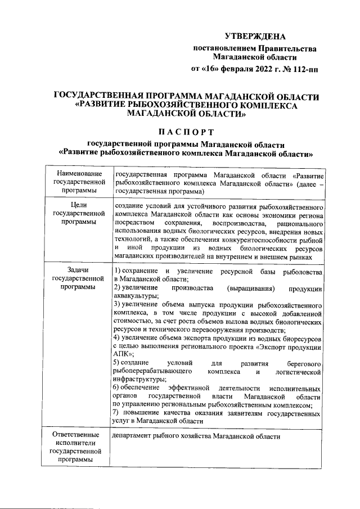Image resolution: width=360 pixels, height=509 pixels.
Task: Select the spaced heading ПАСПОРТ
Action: pos(186,132)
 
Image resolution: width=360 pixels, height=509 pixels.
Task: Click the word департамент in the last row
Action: pos(135,436)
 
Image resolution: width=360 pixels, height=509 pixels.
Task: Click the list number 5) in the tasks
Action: pos(117,363)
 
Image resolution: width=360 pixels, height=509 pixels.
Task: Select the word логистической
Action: pos(299,372)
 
